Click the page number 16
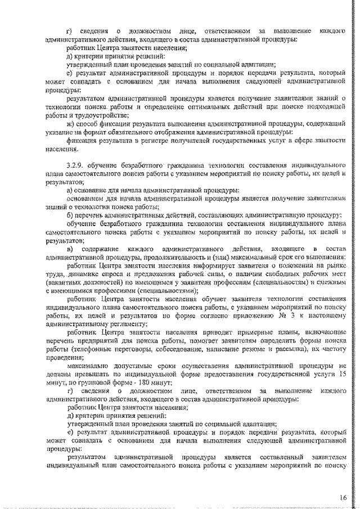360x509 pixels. pyautogui.click(x=342, y=498)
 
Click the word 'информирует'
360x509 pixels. pyautogui.click(x=211, y=266)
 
